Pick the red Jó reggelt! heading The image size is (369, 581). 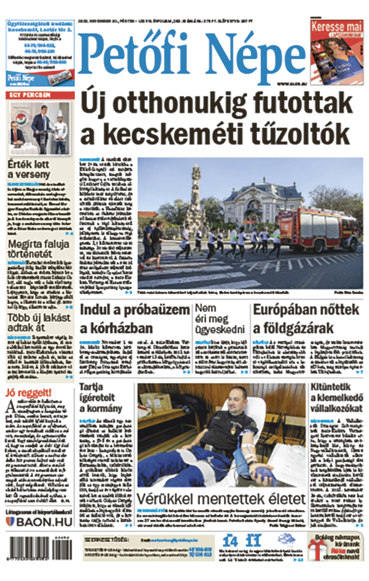(x=29, y=392)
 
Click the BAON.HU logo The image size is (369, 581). (x=38, y=522)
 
